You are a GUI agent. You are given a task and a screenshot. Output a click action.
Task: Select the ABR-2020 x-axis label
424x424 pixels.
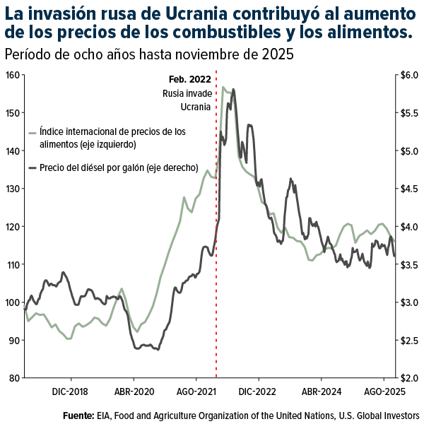(x=134, y=390)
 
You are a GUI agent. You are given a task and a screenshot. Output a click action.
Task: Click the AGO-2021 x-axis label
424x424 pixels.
(x=196, y=390)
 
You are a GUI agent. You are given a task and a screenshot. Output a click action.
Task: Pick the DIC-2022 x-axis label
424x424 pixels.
(x=258, y=390)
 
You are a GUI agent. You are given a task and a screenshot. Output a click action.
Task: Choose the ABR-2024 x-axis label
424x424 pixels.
(x=322, y=390)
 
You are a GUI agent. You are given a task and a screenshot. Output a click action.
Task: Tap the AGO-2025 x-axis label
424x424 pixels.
(x=384, y=390)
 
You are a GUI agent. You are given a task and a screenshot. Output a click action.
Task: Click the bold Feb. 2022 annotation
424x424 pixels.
(x=189, y=80)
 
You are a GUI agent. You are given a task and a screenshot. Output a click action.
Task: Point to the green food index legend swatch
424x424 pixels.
(x=32, y=132)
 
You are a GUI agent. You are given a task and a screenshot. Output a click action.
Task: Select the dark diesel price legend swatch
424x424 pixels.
(x=32, y=168)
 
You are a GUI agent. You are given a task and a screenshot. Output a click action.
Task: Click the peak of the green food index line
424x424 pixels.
(x=223, y=88)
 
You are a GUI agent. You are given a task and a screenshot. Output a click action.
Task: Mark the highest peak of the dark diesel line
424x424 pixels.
(x=234, y=90)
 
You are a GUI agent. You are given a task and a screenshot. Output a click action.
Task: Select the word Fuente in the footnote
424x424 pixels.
(x=78, y=416)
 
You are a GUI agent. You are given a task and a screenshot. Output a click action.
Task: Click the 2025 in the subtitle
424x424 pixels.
(x=279, y=55)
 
